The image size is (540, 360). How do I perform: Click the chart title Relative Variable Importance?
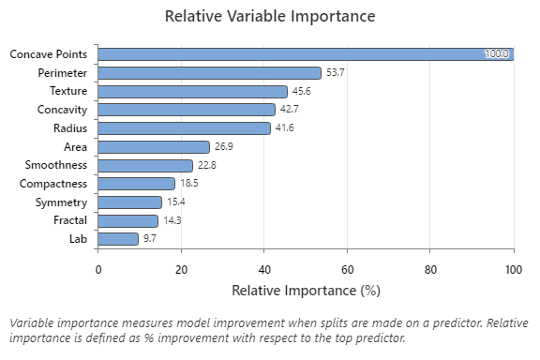(x=270, y=17)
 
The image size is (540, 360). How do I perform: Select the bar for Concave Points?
(x=306, y=54)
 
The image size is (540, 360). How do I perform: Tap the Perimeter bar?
(x=209, y=73)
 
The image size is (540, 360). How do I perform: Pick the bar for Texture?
(x=192, y=91)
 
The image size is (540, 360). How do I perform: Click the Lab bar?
(x=118, y=239)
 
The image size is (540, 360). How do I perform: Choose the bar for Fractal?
(x=127, y=220)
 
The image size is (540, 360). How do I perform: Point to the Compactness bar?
(x=137, y=184)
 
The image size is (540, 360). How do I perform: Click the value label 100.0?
(x=496, y=54)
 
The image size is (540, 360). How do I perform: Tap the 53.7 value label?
(x=335, y=73)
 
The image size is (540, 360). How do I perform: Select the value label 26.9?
(x=223, y=147)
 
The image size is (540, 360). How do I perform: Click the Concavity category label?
(x=64, y=110)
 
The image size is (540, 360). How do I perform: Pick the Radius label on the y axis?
(x=70, y=128)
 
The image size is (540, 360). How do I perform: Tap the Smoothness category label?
(x=57, y=165)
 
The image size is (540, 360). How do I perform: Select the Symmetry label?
(x=61, y=202)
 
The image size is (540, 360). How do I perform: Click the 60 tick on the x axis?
(x=348, y=270)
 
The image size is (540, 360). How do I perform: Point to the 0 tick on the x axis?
(x=98, y=270)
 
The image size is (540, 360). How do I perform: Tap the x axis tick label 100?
(x=513, y=270)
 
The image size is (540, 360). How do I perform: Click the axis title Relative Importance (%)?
(x=306, y=291)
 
